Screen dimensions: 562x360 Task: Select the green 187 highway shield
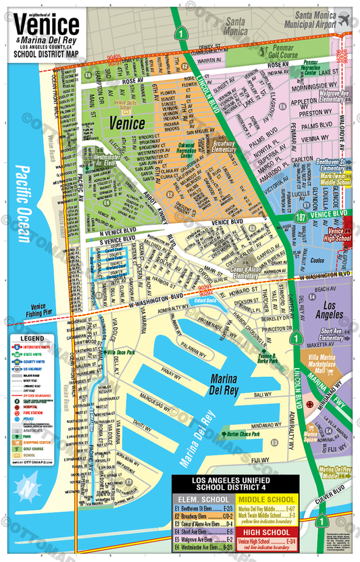[x=303, y=216]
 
